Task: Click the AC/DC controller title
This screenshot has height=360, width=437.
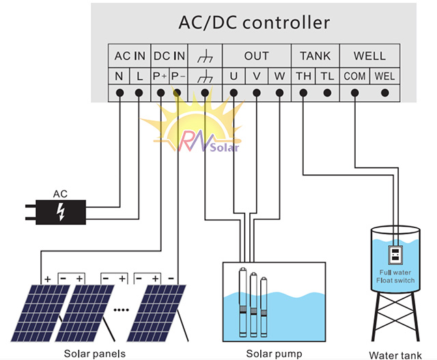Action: coord(254,23)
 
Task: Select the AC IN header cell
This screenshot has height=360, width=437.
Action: coord(130,56)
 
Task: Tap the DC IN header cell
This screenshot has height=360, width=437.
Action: coord(169,56)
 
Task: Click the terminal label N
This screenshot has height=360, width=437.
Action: coord(119,76)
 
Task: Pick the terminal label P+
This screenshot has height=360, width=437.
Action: coord(160,76)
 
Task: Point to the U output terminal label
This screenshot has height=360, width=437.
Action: coord(234,76)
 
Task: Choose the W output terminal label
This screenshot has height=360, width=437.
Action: coord(279,76)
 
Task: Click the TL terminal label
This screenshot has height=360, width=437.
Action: coord(327,76)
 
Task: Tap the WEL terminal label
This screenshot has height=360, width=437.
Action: coord(384,76)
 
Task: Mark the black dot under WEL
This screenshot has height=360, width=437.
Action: coord(385,93)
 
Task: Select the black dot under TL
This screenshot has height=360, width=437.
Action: coord(328,93)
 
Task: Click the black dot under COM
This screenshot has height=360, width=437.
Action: coord(354,93)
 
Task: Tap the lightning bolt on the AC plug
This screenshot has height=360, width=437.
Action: coord(61,212)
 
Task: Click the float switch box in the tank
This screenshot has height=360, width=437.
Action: coord(395,255)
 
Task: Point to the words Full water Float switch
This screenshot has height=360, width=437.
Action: coord(395,277)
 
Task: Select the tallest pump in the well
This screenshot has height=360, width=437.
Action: coord(243,303)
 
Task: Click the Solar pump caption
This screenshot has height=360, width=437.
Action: coord(274,354)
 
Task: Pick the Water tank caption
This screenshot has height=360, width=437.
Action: coord(395,355)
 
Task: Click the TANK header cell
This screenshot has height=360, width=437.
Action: coord(315,56)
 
